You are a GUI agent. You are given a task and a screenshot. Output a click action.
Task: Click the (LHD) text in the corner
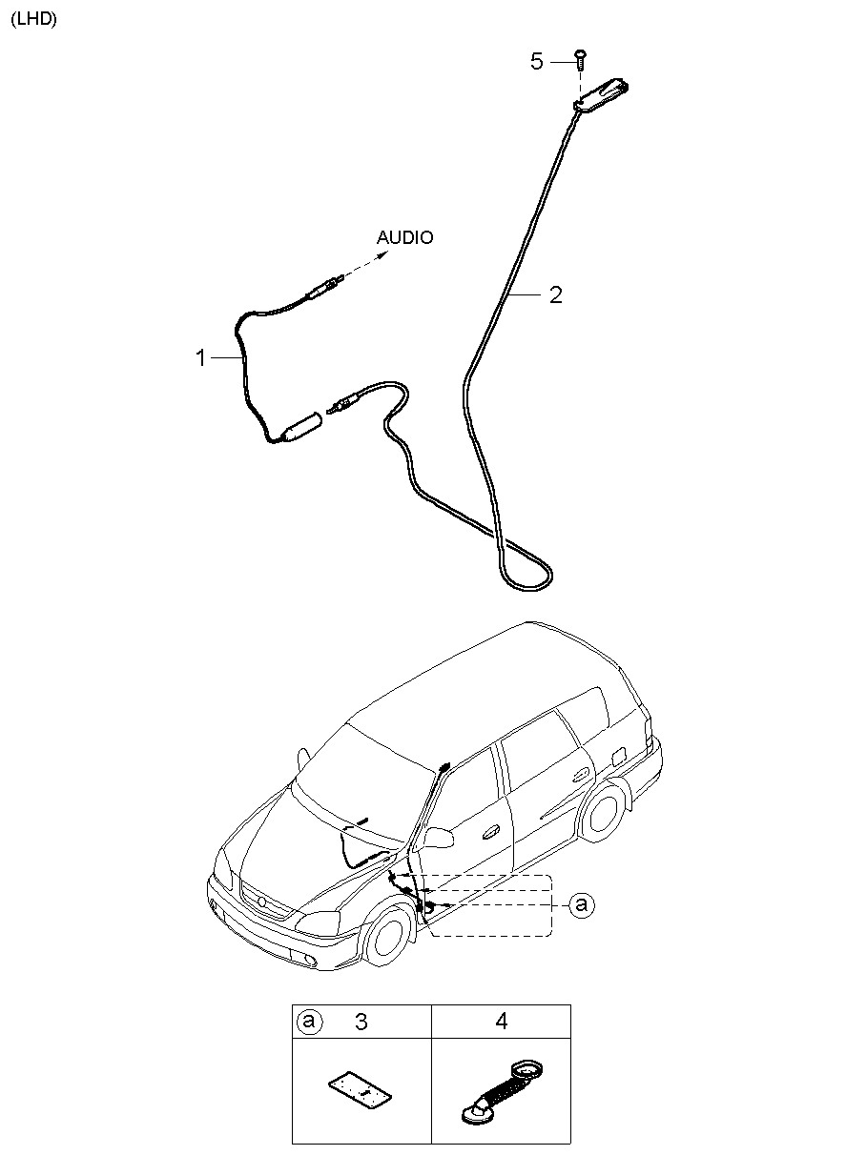click(34, 19)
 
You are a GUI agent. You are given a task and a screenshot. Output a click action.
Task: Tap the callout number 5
click(537, 61)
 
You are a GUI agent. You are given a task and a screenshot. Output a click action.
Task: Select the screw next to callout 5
click(581, 60)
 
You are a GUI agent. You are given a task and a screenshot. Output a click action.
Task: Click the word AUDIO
click(404, 237)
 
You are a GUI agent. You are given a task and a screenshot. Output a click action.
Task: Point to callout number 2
click(555, 294)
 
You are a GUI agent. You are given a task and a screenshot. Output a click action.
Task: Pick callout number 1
click(201, 358)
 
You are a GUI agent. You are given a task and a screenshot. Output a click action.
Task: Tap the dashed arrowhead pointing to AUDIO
click(383, 253)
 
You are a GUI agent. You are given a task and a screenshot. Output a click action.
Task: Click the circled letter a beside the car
click(582, 905)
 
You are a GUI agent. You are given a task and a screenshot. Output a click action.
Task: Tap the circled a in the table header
click(309, 1021)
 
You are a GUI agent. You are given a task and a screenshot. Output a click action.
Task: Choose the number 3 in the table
click(361, 1022)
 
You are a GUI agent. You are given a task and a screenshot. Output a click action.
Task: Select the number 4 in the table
click(501, 1021)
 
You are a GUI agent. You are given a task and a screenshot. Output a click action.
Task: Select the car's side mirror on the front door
click(439, 838)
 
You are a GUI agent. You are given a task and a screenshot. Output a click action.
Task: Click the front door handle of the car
click(491, 830)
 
